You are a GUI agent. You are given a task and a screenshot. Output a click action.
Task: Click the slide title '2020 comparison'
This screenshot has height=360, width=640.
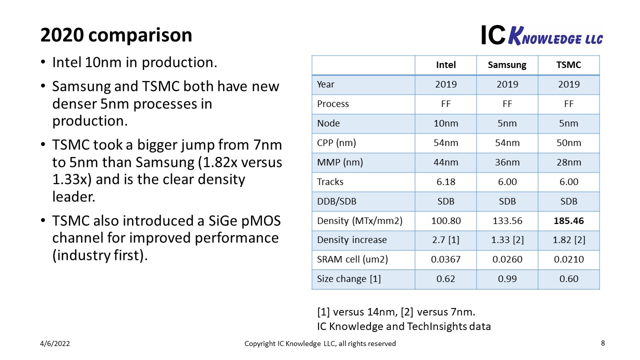[x=116, y=35]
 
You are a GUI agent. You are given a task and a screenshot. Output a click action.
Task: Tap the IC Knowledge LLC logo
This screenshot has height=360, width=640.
[x=541, y=35]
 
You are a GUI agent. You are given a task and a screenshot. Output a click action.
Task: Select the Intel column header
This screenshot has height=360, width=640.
[x=445, y=65]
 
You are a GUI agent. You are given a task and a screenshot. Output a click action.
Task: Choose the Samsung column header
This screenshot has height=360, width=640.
[x=507, y=65]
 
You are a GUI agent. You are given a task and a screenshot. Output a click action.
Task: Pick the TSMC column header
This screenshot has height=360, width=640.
[x=568, y=65]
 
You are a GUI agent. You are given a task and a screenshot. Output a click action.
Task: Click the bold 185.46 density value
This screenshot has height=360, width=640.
[x=568, y=220]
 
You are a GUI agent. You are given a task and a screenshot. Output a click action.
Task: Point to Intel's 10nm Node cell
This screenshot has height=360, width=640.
[x=445, y=123]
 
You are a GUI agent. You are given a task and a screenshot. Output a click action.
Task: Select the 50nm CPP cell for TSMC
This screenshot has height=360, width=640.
[x=568, y=143]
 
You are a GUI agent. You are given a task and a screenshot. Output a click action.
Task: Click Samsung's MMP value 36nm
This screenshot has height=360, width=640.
[x=507, y=162]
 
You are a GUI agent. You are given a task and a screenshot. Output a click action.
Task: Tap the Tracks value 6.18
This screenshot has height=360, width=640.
[x=445, y=182]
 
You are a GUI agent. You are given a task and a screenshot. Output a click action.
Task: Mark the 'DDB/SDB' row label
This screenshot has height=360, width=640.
[x=336, y=201]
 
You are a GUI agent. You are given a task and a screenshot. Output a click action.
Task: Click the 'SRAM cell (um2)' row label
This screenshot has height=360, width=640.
[x=352, y=259]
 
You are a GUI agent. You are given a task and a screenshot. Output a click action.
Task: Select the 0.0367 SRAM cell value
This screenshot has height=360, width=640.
[x=445, y=259]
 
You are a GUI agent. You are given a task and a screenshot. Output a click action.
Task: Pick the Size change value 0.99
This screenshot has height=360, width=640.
[x=507, y=279]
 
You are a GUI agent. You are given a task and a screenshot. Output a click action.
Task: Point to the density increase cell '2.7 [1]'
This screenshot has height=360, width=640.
[x=445, y=240]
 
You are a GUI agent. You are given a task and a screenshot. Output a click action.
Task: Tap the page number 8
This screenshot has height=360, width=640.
[x=602, y=343]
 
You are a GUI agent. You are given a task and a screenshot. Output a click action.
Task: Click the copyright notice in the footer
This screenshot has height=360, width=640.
[x=320, y=343]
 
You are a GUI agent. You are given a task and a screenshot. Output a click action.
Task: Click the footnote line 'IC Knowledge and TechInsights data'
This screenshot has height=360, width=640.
[x=404, y=326]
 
